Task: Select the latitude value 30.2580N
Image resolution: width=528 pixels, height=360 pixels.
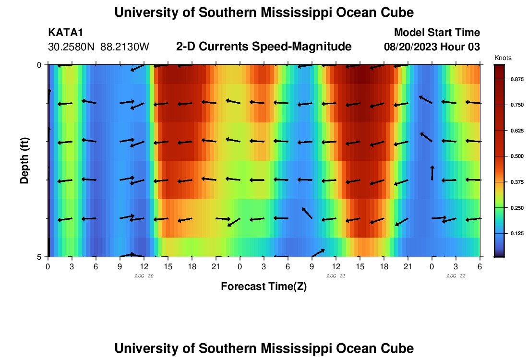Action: (x=72, y=47)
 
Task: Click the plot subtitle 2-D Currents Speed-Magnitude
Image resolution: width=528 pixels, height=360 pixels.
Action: (x=264, y=47)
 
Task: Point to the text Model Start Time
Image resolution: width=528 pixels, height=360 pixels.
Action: (x=437, y=33)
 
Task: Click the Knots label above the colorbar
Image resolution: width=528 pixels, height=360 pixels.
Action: (x=503, y=58)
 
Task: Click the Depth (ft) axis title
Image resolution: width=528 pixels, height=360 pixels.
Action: (x=24, y=159)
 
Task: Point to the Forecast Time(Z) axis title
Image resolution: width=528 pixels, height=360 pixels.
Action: (x=264, y=287)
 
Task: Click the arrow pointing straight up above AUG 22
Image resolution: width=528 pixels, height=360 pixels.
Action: (x=432, y=173)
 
